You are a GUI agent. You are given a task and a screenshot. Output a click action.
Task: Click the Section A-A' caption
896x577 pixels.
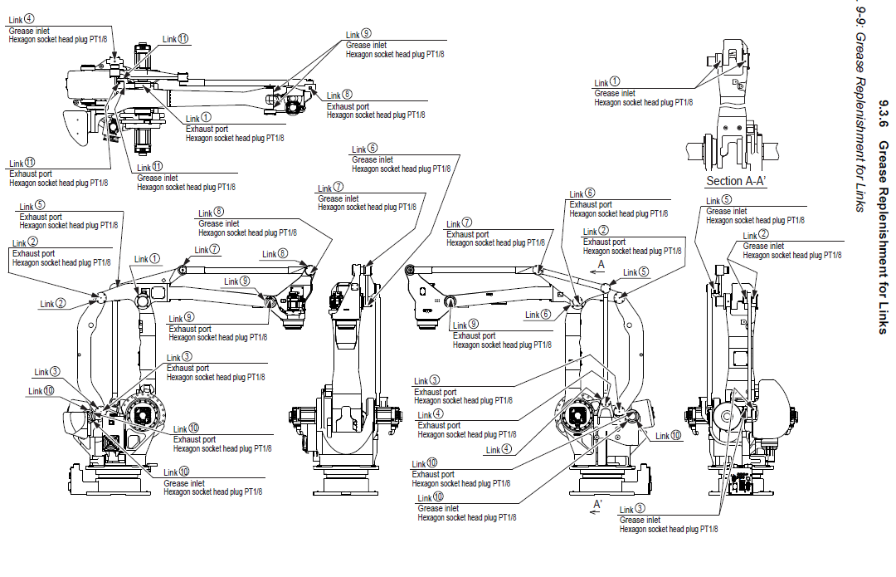pos(736,181)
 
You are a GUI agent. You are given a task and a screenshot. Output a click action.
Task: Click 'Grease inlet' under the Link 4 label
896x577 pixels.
pos(29,31)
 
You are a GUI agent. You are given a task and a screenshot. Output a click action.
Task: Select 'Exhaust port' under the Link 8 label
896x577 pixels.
pos(348,106)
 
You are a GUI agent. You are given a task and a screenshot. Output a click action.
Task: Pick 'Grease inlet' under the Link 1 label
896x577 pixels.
pos(615,94)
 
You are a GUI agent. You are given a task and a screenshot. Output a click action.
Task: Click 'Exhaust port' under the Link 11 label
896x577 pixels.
pos(30,174)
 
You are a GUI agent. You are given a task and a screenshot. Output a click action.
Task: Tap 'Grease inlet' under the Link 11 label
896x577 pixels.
pos(157,178)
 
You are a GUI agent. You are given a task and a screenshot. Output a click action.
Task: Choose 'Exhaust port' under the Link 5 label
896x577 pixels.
pos(41,217)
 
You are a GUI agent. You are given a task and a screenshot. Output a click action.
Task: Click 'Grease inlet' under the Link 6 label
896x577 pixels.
pos(372,159)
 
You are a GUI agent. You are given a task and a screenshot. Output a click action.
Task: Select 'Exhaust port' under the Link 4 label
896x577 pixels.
pos(439,425)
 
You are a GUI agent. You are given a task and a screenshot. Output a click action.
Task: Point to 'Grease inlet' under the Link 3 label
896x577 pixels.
pos(640,520)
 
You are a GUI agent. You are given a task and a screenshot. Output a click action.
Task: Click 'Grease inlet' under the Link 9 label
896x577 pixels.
pos(366,45)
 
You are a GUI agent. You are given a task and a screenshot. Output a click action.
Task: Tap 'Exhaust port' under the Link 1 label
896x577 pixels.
pos(206,130)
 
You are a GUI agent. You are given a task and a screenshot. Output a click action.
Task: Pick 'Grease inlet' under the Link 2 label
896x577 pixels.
pos(763,246)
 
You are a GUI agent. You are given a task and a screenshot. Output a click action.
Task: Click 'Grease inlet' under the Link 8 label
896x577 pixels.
pos(219,223)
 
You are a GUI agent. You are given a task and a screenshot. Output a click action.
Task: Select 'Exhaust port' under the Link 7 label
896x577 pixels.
pos(467,234)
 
